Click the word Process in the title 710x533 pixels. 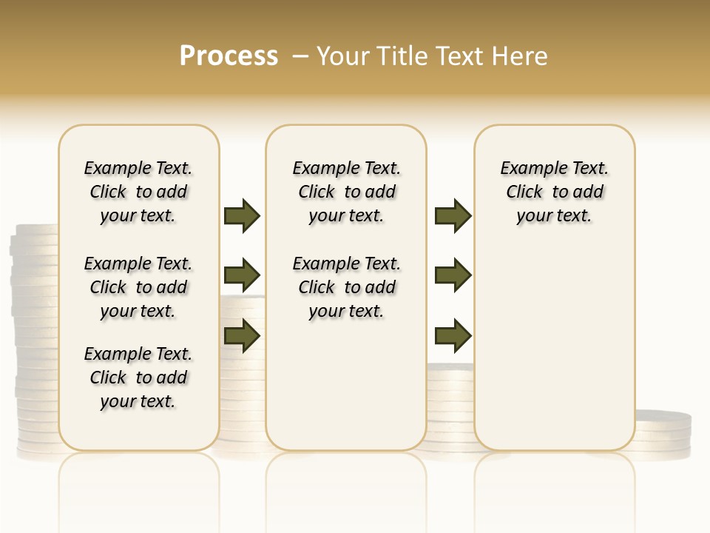229,56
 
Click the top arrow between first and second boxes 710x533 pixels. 242,215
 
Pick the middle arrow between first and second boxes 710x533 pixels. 242,276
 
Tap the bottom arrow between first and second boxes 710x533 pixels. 242,335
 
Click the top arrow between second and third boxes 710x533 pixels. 453,215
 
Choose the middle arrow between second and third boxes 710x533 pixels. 453,276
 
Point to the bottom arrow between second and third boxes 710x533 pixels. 453,335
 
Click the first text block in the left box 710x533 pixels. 138,192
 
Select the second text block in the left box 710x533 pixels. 138,287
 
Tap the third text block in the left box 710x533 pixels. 138,378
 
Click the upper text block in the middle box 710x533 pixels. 346,192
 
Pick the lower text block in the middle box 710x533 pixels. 346,287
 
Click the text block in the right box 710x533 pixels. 554,192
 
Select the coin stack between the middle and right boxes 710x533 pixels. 450,407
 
